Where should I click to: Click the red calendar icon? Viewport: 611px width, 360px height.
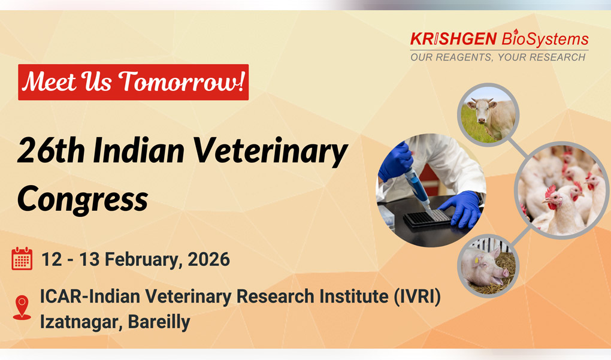[x=22, y=259]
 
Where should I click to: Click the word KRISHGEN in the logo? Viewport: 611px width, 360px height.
[x=453, y=39]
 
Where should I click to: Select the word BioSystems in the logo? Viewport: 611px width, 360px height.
[x=545, y=39]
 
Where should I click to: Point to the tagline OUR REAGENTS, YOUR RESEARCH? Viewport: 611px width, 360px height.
[x=498, y=58]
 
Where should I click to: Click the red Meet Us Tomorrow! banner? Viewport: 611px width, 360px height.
[x=133, y=82]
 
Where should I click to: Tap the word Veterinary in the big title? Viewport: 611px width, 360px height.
[x=270, y=151]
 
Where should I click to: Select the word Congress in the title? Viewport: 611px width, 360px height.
[x=83, y=199]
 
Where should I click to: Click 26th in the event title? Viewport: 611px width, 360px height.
[x=51, y=150]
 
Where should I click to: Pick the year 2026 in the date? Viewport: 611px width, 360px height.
[x=209, y=259]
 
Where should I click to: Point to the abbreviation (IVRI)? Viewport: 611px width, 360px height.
[x=418, y=297]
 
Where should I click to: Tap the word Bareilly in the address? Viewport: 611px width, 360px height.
[x=159, y=322]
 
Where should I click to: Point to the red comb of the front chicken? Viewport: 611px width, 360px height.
[x=550, y=192]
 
